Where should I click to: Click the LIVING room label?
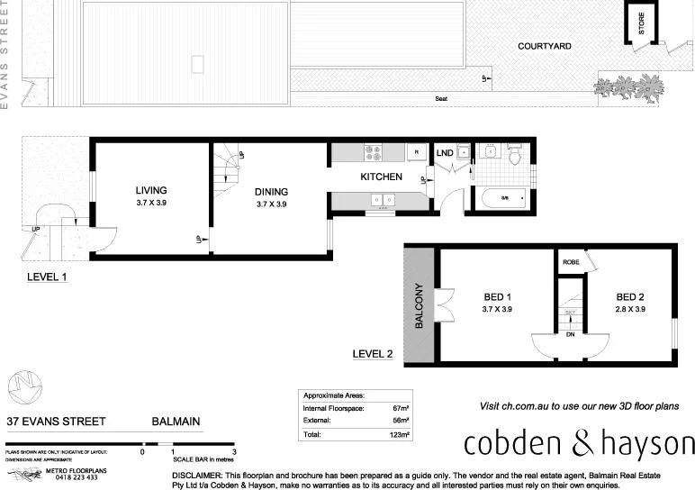click(x=151, y=190)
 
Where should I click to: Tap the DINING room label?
click(x=271, y=191)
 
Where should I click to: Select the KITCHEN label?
click(x=381, y=177)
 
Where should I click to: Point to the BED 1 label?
click(x=497, y=297)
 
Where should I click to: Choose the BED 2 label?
click(x=630, y=297)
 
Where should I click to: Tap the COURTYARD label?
click(x=544, y=46)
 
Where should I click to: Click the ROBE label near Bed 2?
click(x=570, y=262)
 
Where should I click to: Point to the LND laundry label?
click(x=445, y=153)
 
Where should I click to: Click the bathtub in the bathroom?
click(x=504, y=197)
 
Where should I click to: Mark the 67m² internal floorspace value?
click(x=401, y=408)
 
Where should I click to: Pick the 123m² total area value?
click(x=399, y=434)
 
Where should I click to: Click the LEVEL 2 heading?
click(x=372, y=354)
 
